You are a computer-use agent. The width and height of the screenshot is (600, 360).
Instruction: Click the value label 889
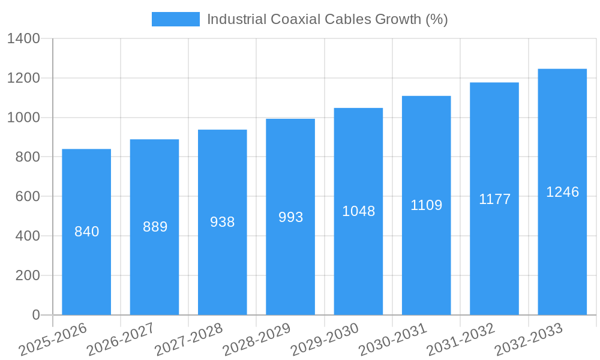pos(155,227)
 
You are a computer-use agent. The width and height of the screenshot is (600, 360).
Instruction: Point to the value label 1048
pos(358,211)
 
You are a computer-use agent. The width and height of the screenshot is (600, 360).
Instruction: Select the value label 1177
pos(494,199)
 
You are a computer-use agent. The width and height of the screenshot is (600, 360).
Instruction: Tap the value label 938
pos(223,222)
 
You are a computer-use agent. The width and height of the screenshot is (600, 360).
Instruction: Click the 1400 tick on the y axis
pos(23,39)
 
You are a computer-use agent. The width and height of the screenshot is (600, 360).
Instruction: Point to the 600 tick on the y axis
pos(28,197)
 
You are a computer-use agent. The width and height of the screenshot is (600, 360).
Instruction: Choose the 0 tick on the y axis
pos(35,315)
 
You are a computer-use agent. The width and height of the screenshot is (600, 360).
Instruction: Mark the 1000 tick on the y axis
pos(23,118)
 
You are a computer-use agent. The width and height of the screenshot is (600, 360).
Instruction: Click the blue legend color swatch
pos(175,19)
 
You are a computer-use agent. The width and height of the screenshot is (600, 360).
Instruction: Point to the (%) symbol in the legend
pos(436,19)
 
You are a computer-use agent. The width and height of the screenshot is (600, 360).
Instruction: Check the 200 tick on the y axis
pos(28,275)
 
